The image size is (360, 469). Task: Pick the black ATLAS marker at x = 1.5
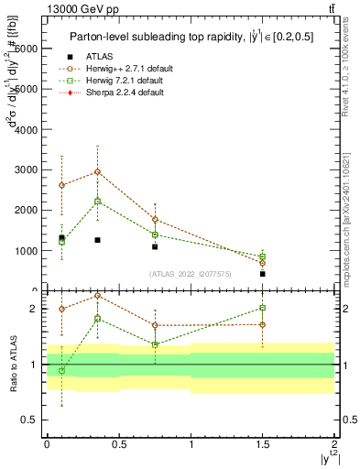263,273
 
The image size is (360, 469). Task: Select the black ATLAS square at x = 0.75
155,246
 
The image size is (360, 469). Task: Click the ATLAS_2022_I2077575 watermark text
190,273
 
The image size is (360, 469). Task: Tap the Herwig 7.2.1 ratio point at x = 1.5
263,309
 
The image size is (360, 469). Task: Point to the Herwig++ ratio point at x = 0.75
155,325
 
